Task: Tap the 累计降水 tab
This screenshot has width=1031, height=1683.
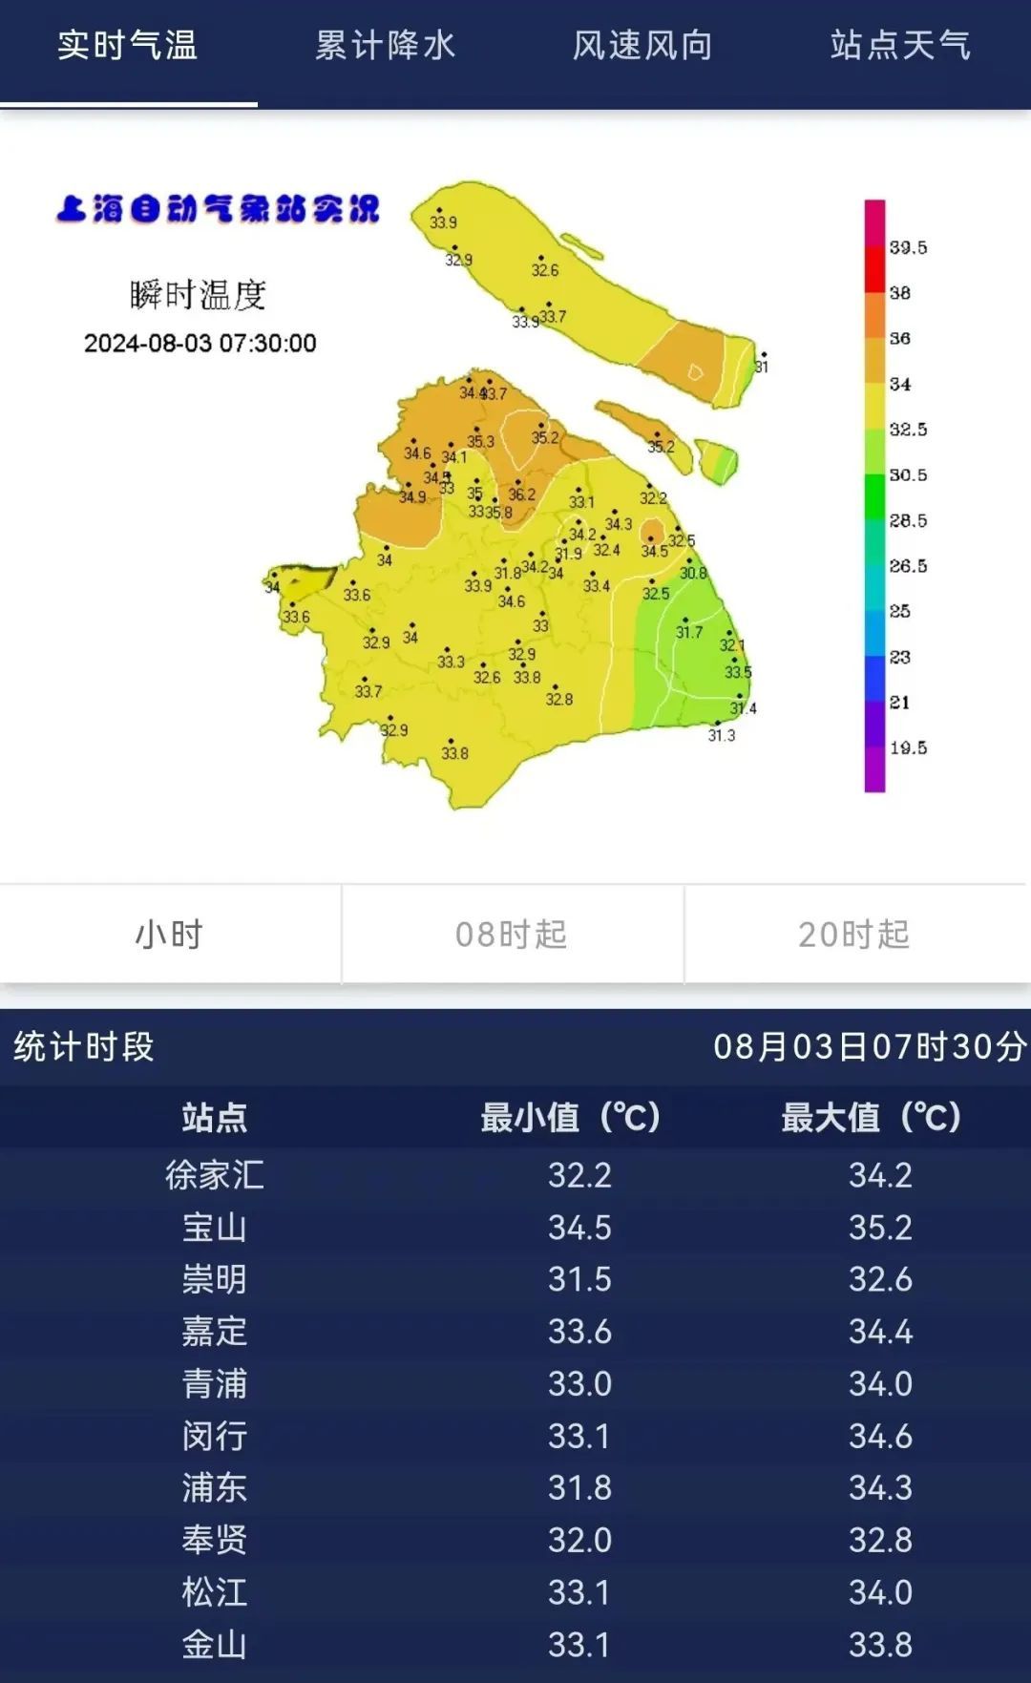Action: click(385, 46)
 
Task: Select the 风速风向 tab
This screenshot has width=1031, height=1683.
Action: click(642, 46)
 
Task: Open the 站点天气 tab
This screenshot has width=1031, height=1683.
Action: click(900, 46)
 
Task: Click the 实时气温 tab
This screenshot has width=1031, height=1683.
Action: click(127, 46)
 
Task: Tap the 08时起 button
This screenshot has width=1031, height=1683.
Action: click(512, 935)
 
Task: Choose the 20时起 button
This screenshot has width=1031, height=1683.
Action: click(854, 935)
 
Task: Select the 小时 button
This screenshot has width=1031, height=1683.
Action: click(170, 935)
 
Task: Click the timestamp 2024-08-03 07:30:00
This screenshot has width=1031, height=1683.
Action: click(200, 344)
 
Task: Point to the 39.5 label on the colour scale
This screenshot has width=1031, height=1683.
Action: click(908, 247)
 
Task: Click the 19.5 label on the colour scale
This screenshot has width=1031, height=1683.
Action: click(908, 747)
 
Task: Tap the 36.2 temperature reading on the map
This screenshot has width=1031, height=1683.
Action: click(522, 494)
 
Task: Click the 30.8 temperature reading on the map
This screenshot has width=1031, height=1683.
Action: click(693, 573)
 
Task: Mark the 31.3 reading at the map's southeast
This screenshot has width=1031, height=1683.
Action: click(722, 735)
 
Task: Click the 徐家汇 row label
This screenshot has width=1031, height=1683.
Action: click(215, 1175)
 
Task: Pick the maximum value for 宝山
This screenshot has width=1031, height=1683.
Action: click(880, 1228)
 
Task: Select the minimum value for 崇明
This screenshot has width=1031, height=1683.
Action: click(579, 1279)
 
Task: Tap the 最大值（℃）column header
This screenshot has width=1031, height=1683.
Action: click(871, 1117)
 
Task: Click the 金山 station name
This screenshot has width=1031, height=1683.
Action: click(215, 1645)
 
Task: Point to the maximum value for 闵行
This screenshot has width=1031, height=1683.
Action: click(880, 1436)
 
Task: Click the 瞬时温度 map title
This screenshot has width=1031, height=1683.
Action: click(199, 295)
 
